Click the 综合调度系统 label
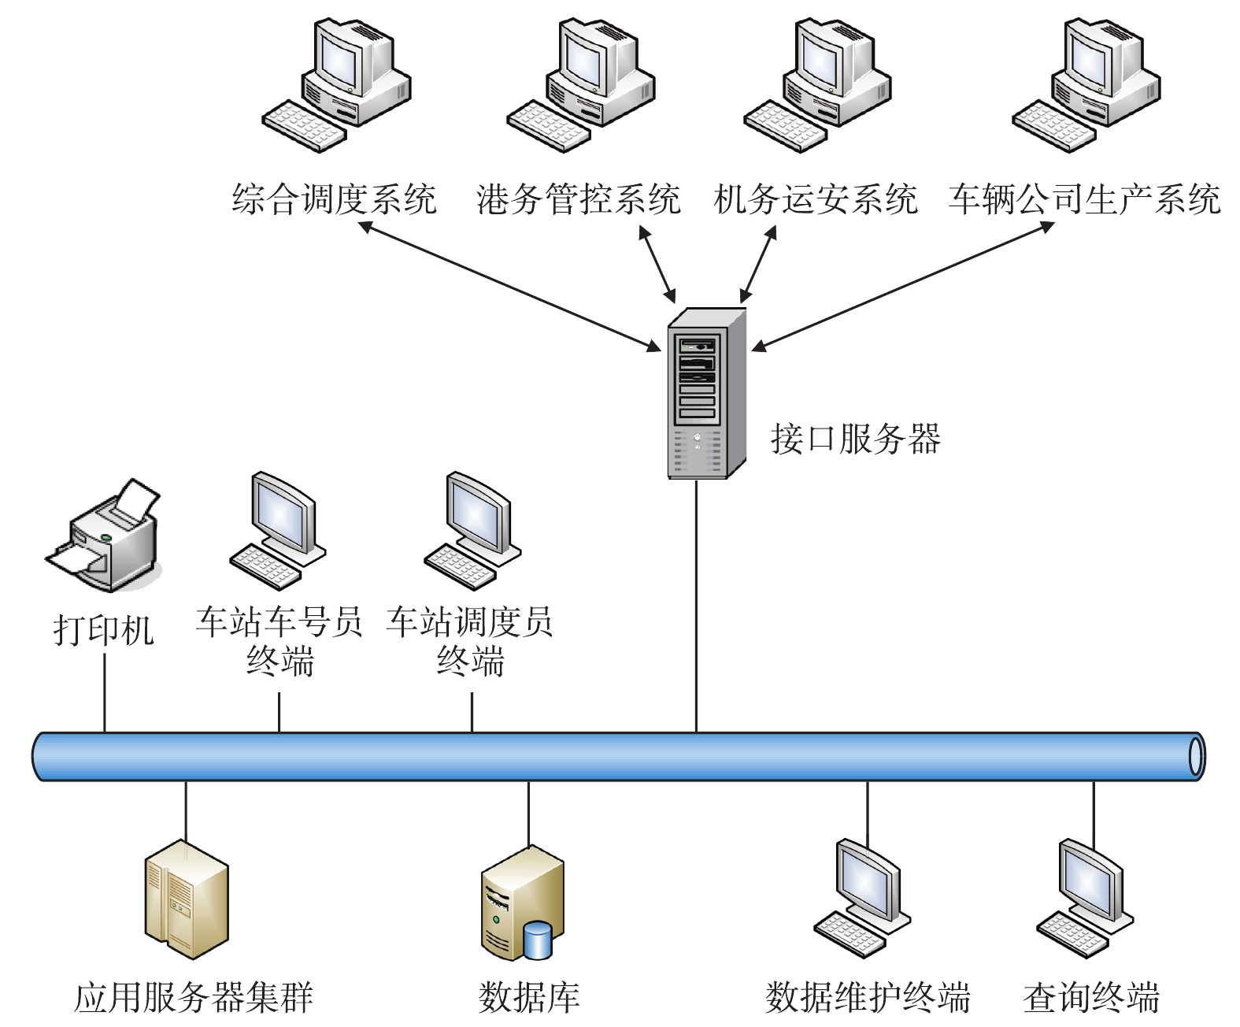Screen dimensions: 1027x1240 334,199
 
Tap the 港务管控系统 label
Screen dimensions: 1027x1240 579,199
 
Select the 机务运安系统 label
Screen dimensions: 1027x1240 816,199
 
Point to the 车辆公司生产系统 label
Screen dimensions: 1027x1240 1084,199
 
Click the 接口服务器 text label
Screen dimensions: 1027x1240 856,439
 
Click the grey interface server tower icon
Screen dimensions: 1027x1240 705,393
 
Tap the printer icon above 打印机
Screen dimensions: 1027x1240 104,536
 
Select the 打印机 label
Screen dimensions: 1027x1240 103,630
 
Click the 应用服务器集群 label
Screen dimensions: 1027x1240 194,998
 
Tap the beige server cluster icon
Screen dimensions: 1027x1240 187,898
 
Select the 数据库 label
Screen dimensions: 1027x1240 529,998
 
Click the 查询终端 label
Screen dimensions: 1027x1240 1091,998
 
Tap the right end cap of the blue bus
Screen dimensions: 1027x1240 1196,756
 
